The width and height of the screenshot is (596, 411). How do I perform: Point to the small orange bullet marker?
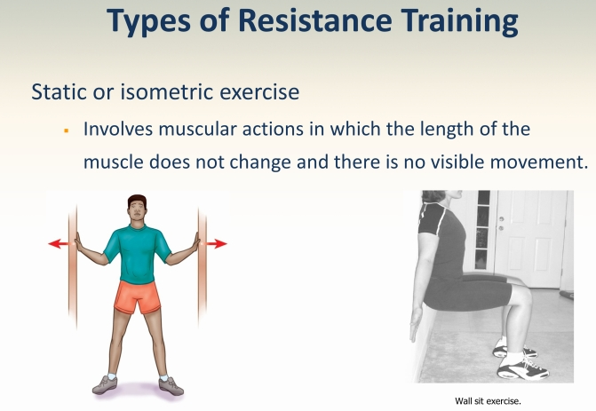[x=67, y=131]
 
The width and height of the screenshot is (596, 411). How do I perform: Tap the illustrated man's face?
[x=137, y=210]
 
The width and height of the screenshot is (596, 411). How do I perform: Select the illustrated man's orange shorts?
[x=137, y=296]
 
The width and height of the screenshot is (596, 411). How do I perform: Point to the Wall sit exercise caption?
[x=488, y=400]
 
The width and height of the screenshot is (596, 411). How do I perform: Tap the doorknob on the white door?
[x=501, y=219]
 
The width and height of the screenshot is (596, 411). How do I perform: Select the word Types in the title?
[x=149, y=22]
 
